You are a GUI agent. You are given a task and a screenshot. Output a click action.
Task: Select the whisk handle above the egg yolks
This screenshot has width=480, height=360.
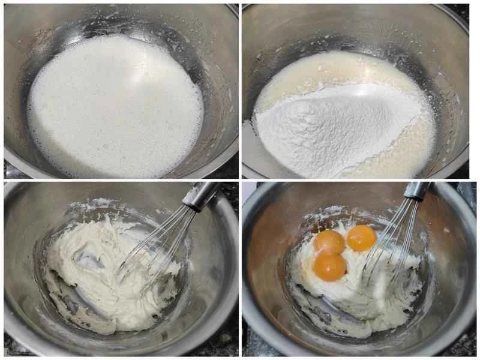(416, 191)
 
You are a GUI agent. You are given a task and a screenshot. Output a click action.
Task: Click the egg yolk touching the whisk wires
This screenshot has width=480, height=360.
(361, 238)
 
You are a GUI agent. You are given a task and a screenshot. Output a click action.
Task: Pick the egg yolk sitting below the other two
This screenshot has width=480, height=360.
(329, 266)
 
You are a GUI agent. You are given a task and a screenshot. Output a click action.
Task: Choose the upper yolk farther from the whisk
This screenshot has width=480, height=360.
(329, 242)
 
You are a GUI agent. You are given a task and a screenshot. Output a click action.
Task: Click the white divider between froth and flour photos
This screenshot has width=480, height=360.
(240, 90)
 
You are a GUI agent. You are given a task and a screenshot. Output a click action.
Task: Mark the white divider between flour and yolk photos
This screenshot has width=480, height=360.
(360, 179)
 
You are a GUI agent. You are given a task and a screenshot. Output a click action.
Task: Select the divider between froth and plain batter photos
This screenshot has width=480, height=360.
(120, 179)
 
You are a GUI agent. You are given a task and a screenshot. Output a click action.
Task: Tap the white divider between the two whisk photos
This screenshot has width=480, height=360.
(240, 270)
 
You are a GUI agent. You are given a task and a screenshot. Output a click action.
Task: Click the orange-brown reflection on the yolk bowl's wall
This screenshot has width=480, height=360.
(264, 240)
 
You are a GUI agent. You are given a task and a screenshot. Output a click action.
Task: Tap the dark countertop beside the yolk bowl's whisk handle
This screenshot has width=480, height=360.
(462, 192)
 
